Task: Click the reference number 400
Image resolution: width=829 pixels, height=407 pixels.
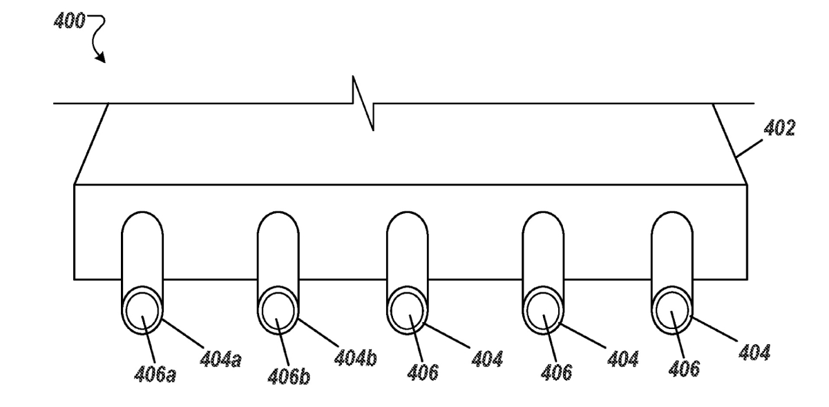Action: tap(70, 21)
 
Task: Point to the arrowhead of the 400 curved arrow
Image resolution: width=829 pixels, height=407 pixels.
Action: tap(101, 57)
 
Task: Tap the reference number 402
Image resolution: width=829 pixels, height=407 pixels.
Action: tap(779, 128)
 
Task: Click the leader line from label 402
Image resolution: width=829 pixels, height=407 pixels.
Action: tap(749, 148)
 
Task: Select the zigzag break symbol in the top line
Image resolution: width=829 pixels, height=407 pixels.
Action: tap(363, 103)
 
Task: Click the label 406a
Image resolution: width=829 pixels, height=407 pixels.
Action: tap(155, 374)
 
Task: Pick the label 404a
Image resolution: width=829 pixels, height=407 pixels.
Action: tap(220, 359)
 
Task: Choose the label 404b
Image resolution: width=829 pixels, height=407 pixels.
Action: tap(355, 357)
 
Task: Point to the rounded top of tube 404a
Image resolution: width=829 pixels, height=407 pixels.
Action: tap(142, 212)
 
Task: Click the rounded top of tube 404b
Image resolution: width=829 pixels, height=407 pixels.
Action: tap(278, 212)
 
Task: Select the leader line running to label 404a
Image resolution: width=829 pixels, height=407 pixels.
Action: tap(183, 333)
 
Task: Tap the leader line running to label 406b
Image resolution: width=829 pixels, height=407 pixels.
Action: tap(283, 342)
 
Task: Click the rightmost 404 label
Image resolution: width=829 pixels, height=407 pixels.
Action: tap(754, 352)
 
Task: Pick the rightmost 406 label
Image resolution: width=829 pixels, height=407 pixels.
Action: tap(684, 368)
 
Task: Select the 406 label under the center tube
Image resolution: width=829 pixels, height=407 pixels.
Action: tap(423, 372)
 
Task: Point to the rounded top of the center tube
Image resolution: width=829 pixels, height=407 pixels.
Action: tap(408, 212)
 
